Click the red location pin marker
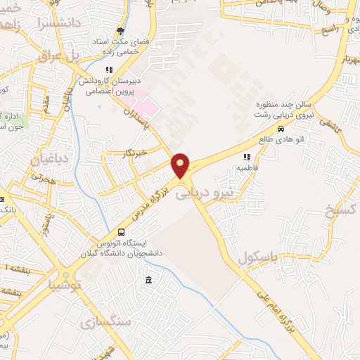[x=181, y=165]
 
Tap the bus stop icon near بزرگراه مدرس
[x=122, y=232]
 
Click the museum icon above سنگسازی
[x=148, y=281]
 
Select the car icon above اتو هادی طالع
[x=281, y=129]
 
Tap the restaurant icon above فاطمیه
[x=246, y=157]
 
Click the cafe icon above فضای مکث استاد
[x=120, y=31]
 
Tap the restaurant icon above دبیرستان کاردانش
[x=108, y=70]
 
